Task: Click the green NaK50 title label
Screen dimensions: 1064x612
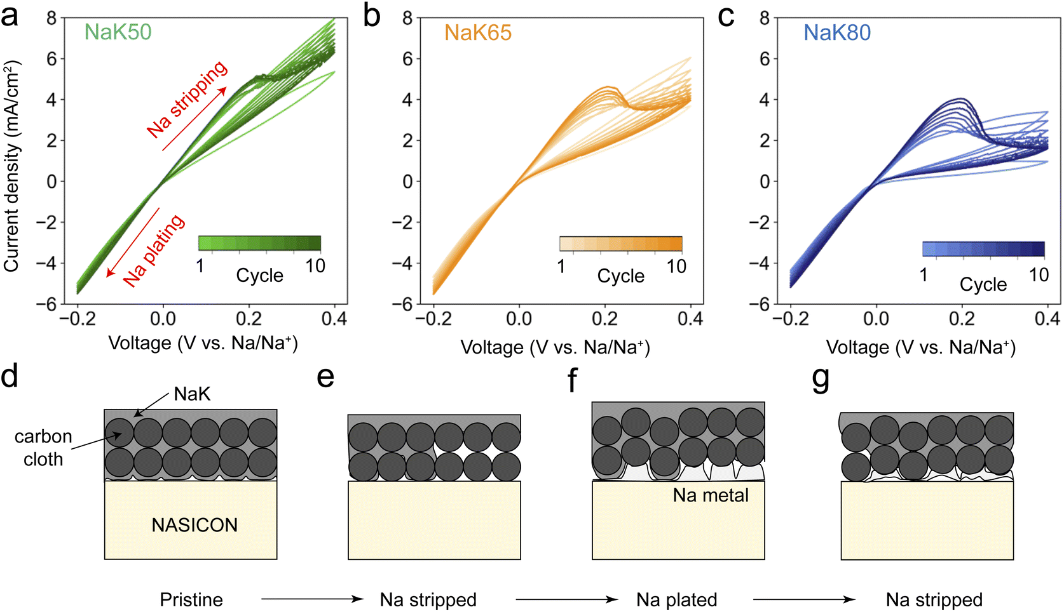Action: click(118, 32)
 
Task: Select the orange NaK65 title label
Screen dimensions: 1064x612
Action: click(478, 33)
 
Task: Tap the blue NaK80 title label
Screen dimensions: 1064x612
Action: click(837, 33)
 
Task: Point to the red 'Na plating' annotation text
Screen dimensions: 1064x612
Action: click(153, 250)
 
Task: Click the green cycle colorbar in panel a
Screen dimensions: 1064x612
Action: click(259, 243)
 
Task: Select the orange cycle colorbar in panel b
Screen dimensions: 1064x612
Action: click(621, 243)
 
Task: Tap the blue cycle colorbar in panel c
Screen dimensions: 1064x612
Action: click(983, 249)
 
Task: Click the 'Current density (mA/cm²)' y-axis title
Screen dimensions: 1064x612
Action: click(11, 166)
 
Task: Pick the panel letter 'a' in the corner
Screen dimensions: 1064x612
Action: click(10, 17)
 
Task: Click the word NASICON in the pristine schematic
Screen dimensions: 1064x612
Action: click(194, 525)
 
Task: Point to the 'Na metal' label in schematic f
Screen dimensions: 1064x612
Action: click(711, 495)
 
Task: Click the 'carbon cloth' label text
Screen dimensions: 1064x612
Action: click(43, 448)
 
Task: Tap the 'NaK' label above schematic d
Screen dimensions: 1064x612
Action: click(192, 394)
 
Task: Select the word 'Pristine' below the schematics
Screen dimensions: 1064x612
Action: click(191, 600)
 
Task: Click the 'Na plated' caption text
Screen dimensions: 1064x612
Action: click(677, 600)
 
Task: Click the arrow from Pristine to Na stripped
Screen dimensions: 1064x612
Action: click(313, 599)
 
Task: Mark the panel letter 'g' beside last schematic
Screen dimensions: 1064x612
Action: click(821, 380)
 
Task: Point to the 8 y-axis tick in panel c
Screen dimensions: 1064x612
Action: click(764, 18)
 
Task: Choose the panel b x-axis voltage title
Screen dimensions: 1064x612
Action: click(556, 347)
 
